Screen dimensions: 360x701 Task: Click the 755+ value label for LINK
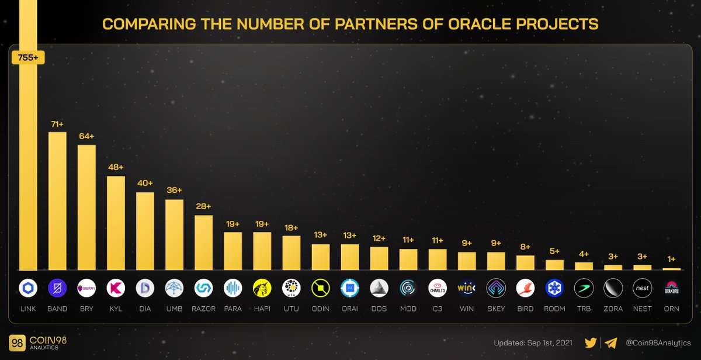tap(28, 57)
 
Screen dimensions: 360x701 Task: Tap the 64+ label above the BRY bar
tap(86, 136)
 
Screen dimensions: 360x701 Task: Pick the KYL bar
tap(116, 223)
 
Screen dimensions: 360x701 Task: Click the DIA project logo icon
tap(145, 288)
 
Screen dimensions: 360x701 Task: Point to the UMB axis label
tap(174, 309)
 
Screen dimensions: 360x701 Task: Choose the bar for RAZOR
tap(203, 243)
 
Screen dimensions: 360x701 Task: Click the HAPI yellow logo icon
tap(262, 288)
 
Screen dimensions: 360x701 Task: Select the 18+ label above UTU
tap(291, 227)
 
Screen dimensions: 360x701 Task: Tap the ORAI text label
tap(349, 309)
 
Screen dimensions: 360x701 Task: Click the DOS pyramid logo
tap(379, 288)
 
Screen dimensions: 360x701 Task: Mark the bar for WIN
tap(467, 261)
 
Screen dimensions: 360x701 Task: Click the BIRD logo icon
tap(525, 288)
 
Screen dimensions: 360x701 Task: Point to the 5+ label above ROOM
tap(554, 251)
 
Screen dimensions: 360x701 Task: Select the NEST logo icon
tap(642, 288)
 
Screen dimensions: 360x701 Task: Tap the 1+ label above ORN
tap(671, 259)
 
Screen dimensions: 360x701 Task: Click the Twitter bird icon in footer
tap(591, 343)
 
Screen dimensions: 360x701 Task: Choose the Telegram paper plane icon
tap(611, 343)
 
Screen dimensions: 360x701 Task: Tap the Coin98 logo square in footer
tap(18, 343)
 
